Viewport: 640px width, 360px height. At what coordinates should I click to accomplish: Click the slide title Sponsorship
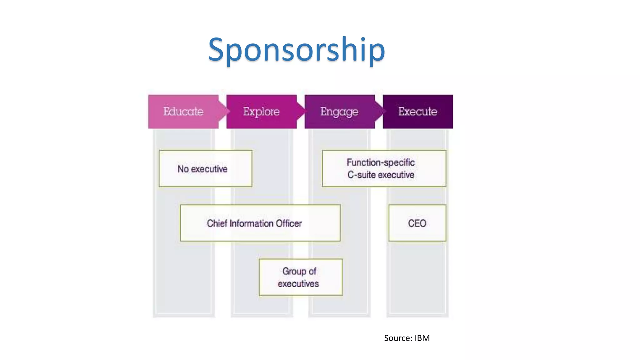coord(296,49)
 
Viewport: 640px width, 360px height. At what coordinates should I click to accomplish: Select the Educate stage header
coord(183,112)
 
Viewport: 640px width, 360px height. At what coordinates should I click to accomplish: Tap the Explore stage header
coord(262,112)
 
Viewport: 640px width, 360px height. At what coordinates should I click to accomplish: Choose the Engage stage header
coord(339,112)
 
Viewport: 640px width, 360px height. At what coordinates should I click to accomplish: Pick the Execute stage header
coord(418,112)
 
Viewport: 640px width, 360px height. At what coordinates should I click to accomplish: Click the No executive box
coord(205,169)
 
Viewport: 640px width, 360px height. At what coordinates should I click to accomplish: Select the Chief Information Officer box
coord(260,223)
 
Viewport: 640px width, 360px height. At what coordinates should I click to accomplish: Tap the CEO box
coord(417,223)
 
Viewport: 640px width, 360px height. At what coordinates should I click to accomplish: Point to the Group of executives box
coord(301,277)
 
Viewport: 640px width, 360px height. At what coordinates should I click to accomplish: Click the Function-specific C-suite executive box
coord(384,169)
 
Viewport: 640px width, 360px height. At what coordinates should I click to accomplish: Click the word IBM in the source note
coord(422,338)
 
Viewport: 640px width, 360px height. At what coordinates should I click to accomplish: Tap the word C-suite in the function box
coord(361,175)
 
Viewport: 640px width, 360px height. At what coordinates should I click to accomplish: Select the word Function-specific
coord(381,162)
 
